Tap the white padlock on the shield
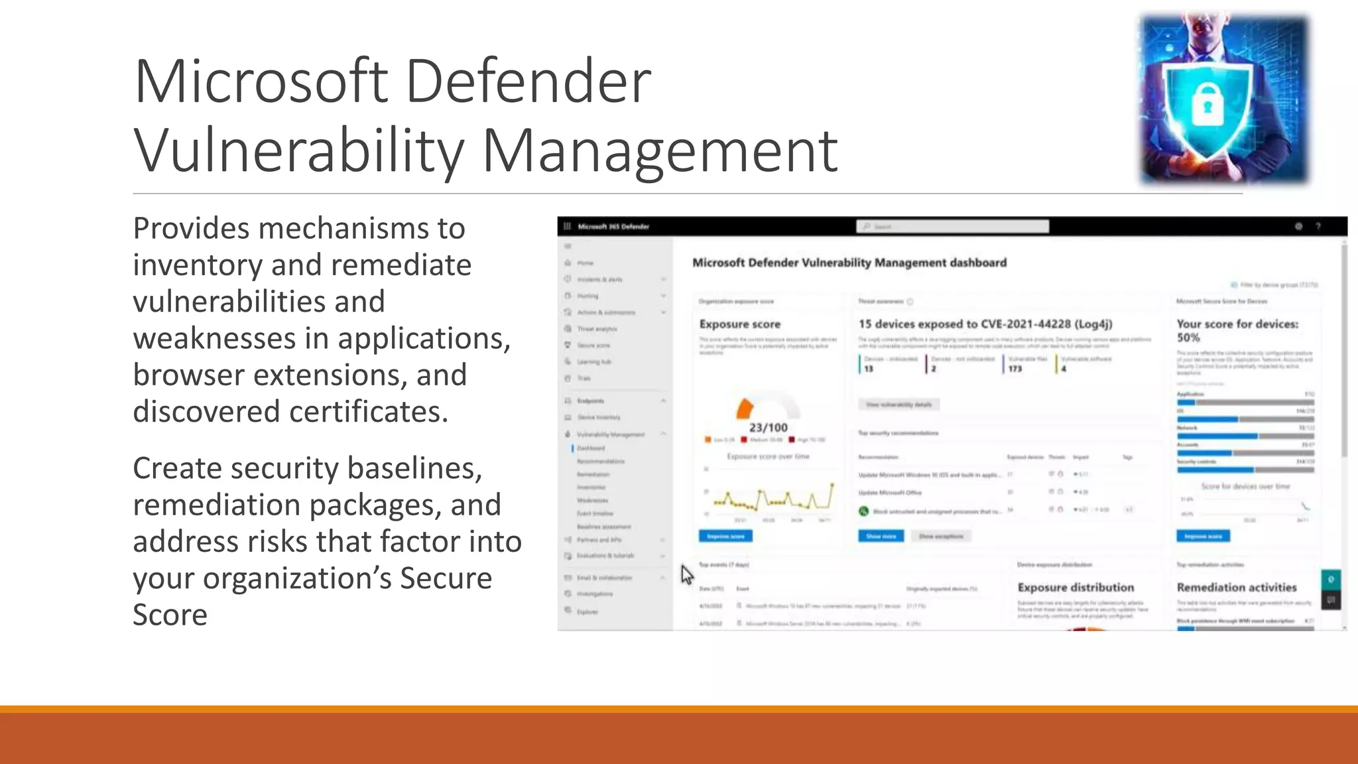coord(1207,107)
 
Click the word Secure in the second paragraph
coord(446,578)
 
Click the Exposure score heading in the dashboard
coord(739,324)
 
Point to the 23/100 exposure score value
coord(769,428)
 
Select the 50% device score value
coord(1188,338)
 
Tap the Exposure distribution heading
coord(1076,588)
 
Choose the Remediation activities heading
coord(1236,588)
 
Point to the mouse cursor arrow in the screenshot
coord(686,574)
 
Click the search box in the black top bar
coord(952,227)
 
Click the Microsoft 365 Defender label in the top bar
coord(613,227)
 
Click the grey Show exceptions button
coord(941,536)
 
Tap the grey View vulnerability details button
coord(898,405)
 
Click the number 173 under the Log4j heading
coord(1015,369)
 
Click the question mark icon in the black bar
coord(1318,227)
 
